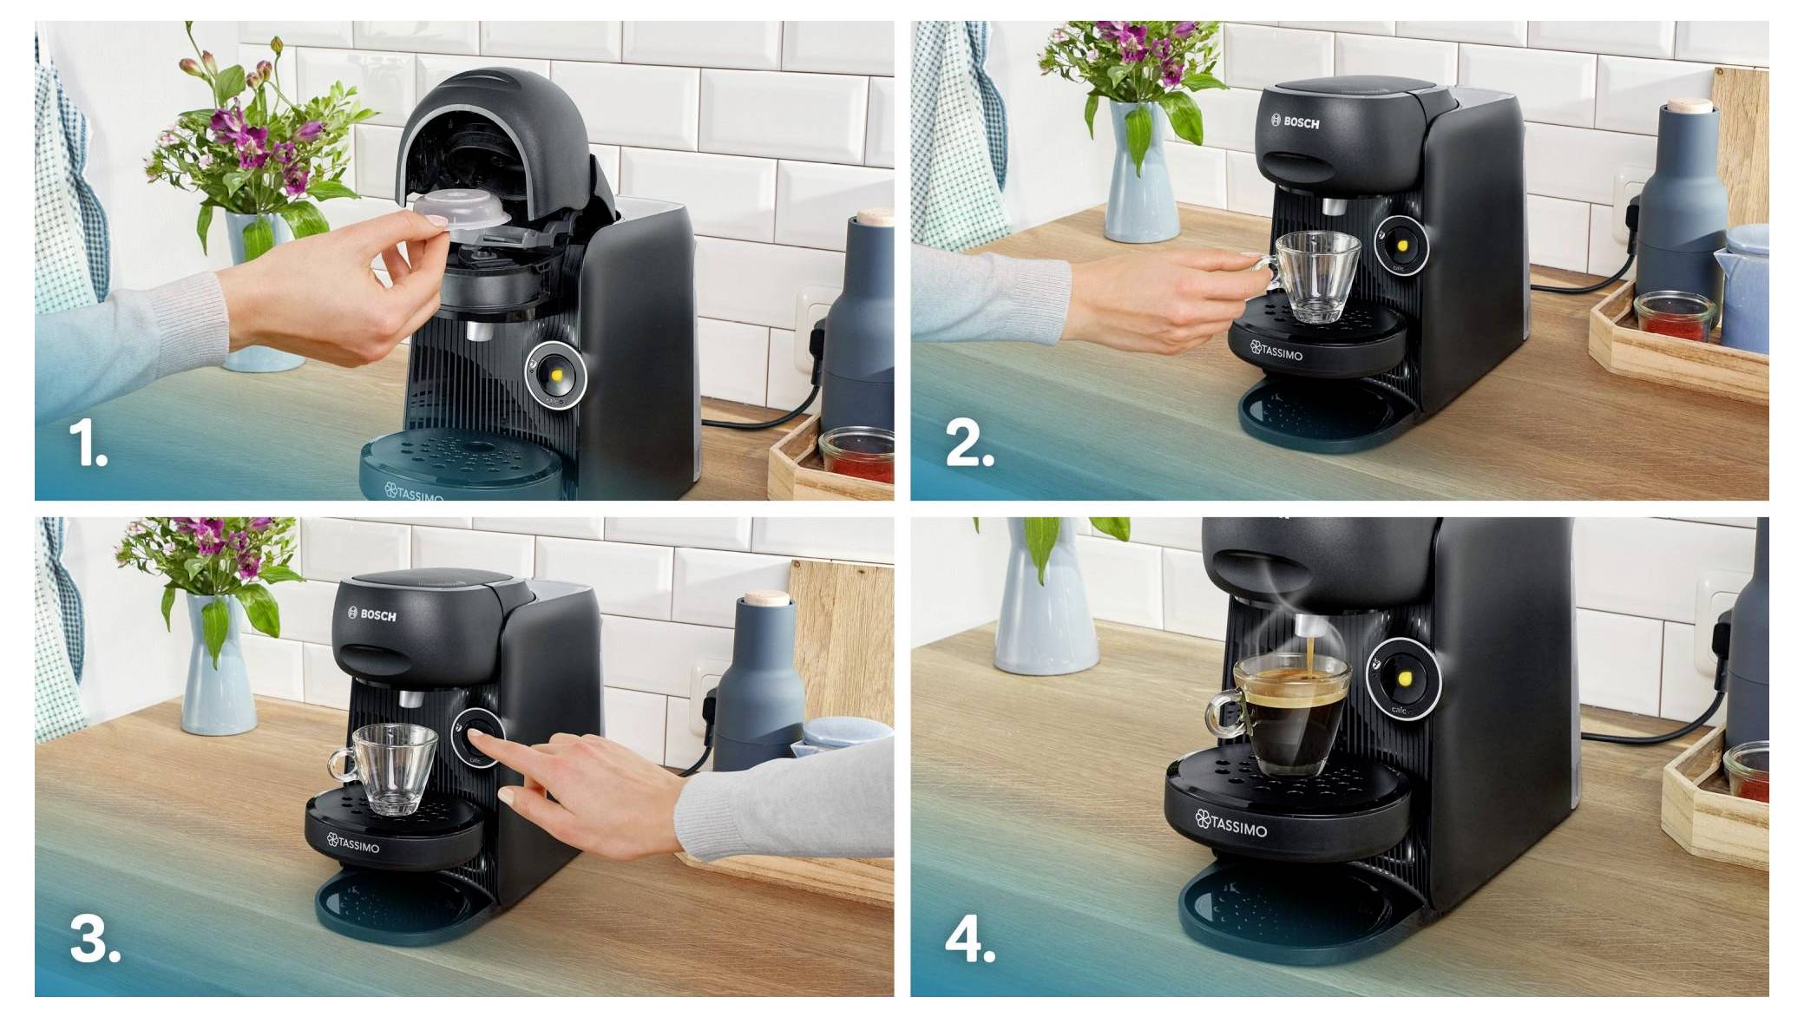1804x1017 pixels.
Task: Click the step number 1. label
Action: [88, 444]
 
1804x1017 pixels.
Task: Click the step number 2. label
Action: [968, 444]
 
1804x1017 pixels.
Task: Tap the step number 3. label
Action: [95, 939]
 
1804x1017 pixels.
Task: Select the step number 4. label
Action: [970, 939]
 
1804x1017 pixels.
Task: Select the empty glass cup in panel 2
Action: [1312, 277]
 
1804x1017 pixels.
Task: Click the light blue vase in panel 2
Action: [1142, 174]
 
